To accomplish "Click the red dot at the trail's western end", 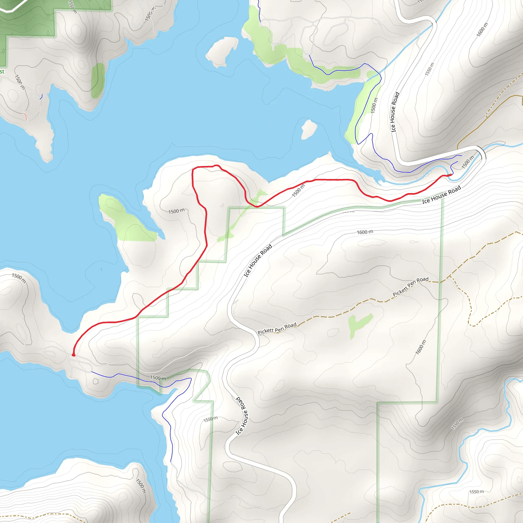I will (x=73, y=355).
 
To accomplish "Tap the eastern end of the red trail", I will (x=451, y=175).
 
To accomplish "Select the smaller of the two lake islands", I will (x=309, y=129).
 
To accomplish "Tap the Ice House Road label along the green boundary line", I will (x=441, y=194).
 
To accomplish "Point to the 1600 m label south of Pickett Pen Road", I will (x=420, y=347).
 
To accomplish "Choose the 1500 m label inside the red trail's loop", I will (x=176, y=211).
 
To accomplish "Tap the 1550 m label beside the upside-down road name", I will (x=210, y=419).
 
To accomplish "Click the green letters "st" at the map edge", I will (x=2, y=72).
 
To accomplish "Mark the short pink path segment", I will (x=25, y=116).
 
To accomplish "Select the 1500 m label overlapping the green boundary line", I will (x=158, y=378).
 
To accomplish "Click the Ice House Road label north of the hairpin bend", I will (x=395, y=112).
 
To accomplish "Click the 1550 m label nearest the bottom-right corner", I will (x=477, y=492).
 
